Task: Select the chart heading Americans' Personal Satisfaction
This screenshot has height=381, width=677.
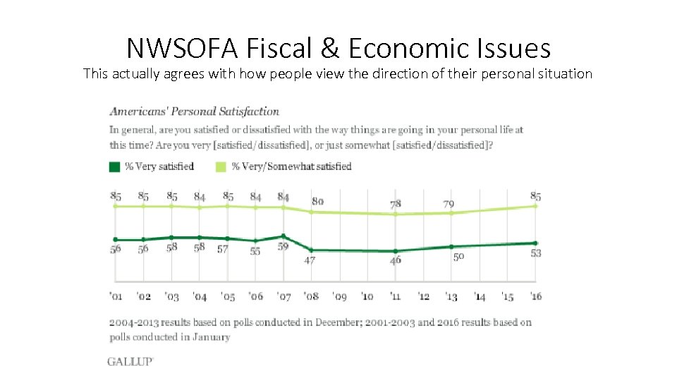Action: point(194,111)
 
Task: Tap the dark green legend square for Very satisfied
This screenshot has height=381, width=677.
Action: point(114,167)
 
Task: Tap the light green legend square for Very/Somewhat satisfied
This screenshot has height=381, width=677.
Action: point(220,167)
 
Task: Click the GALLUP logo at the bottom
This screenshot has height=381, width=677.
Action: point(130,361)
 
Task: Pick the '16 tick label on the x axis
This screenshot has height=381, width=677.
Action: point(535,296)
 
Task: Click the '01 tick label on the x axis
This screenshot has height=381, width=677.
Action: point(115,296)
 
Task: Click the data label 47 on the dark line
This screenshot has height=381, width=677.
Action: point(310,260)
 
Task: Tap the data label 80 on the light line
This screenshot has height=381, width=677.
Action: point(317,201)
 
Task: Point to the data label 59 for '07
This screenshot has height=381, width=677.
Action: point(283,248)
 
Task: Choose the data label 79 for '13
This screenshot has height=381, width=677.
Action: point(449,204)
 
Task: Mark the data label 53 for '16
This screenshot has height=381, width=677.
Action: point(535,253)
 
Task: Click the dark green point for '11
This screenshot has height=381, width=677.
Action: point(396,251)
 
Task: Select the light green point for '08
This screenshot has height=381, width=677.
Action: point(311,212)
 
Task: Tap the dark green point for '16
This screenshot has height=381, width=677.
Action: point(535,243)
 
